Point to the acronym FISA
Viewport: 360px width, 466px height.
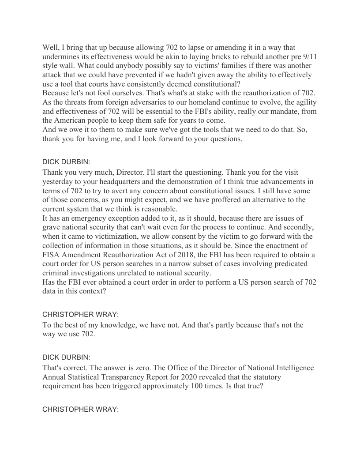point(52,255)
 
